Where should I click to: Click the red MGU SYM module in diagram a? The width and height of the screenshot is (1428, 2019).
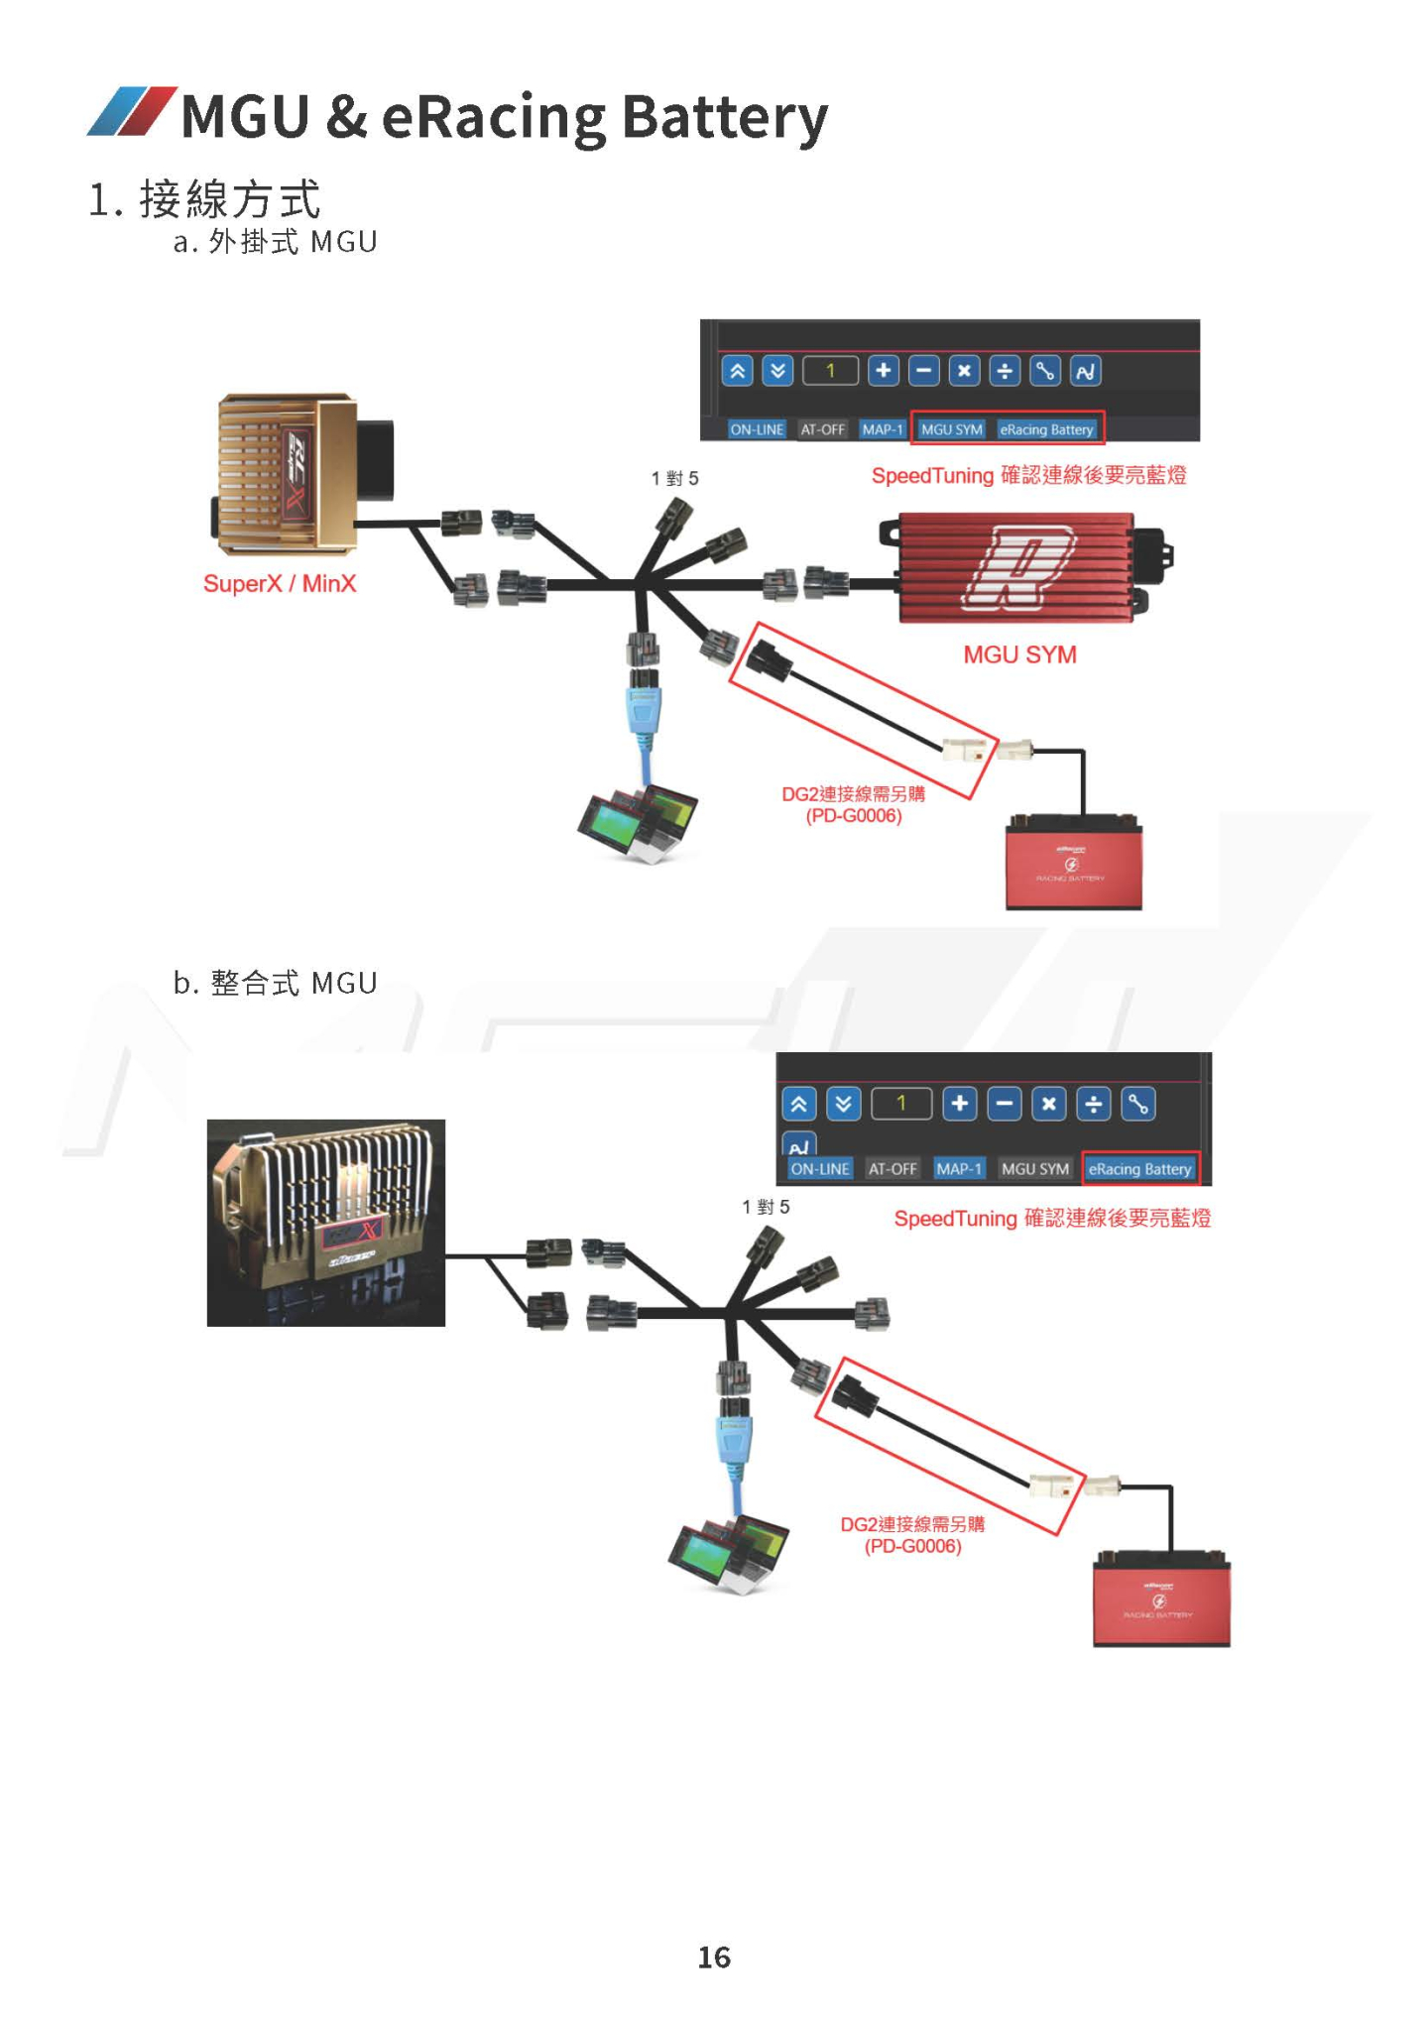point(1016,567)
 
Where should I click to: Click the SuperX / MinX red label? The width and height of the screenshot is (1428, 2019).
point(280,583)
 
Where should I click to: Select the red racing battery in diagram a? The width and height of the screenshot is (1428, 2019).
point(1073,863)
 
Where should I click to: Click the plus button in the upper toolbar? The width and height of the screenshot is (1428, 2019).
point(883,371)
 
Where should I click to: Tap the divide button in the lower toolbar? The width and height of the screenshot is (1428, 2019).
point(1093,1104)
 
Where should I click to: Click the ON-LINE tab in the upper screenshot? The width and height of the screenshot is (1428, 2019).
point(757,429)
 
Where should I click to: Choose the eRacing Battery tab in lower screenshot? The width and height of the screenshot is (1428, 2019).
point(1139,1169)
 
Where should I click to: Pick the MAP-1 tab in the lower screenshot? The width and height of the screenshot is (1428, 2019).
point(959,1169)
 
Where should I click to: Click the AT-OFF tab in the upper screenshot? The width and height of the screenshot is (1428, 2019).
point(822,429)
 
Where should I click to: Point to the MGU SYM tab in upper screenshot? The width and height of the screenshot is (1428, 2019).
point(951,429)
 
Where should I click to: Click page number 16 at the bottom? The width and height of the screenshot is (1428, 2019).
point(714,1957)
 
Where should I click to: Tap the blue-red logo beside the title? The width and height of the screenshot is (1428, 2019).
point(131,111)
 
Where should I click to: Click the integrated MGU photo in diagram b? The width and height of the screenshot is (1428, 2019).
point(325,1222)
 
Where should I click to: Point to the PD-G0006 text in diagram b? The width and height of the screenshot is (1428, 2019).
point(912,1546)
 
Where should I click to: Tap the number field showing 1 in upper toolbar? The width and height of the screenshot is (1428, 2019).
point(830,371)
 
